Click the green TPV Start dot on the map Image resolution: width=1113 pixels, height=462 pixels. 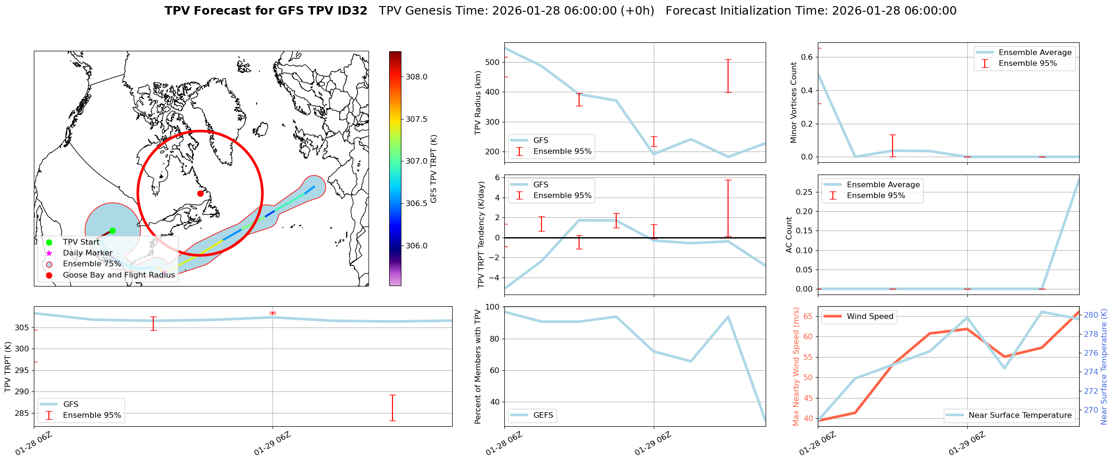[112, 231]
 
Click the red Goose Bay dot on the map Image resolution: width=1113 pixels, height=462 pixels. [200, 193]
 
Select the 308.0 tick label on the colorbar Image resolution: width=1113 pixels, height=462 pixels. [416, 77]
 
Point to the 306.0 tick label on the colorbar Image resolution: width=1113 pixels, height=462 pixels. [416, 246]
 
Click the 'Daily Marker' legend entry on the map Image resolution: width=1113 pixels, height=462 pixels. [87, 253]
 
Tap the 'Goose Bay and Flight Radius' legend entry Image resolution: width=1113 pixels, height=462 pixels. [118, 275]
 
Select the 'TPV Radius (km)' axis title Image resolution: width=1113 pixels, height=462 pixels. [478, 103]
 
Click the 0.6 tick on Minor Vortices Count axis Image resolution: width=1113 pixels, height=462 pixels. [807, 57]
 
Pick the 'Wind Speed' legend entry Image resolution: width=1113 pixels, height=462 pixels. [870, 317]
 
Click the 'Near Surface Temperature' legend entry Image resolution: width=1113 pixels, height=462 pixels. [1020, 415]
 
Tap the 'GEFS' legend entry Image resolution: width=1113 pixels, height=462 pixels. [543, 415]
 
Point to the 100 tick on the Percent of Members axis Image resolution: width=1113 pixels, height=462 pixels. [492, 307]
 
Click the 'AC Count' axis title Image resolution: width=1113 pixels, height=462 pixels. [789, 235]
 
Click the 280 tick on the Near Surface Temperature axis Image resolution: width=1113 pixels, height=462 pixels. [1091, 315]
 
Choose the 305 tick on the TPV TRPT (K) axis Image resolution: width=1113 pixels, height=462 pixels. [22, 328]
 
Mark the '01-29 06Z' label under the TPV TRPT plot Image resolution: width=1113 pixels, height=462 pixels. [273, 444]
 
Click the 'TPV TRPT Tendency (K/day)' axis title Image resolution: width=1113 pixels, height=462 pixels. [481, 235]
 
